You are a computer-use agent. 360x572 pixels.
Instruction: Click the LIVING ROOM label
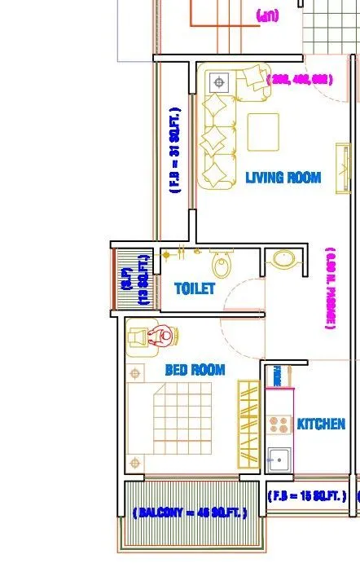tap(283, 178)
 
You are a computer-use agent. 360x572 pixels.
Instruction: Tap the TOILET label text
tap(195, 288)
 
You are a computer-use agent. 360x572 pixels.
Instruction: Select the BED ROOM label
tap(195, 370)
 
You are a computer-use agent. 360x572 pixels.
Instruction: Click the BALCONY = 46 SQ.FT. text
tap(188, 513)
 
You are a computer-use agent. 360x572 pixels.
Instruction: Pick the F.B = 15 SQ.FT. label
tap(307, 495)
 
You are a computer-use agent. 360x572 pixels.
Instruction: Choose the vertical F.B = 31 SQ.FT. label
tap(174, 149)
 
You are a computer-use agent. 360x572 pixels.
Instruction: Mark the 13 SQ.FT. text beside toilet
tap(143, 279)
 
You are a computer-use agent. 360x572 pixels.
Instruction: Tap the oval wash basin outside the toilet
tap(283, 259)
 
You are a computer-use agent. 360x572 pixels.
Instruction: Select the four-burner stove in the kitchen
tap(279, 424)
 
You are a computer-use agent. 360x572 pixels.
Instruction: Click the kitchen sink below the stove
tap(278, 459)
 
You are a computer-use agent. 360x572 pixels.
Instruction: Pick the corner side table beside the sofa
tap(217, 82)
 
